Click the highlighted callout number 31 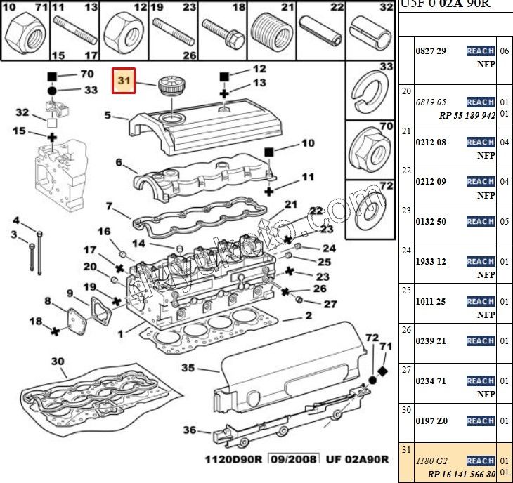(124, 81)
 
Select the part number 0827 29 (431, 51)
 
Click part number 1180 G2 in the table (431, 461)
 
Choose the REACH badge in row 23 (481, 221)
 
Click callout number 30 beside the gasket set (58, 362)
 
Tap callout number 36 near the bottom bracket (189, 430)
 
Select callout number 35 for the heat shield (188, 367)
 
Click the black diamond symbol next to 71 (382, 371)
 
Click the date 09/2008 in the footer (296, 459)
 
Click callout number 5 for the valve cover (108, 114)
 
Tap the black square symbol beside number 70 (51, 74)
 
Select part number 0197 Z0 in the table (431, 421)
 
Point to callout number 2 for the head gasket (308, 317)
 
